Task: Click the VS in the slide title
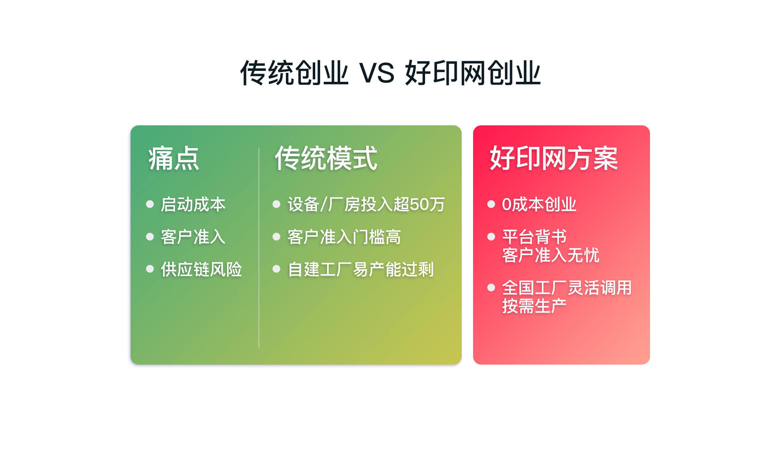point(377,73)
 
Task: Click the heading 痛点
point(174,158)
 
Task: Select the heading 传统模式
point(326,158)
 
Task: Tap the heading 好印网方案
point(554,158)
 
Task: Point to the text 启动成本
point(193,204)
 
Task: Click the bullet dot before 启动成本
point(150,204)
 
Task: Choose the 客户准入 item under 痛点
point(193,237)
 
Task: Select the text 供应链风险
point(201,269)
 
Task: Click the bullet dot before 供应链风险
point(150,269)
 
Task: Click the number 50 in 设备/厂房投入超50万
point(419,204)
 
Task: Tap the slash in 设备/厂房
point(324,204)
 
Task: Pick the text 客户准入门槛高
point(344,237)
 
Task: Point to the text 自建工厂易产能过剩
point(361,269)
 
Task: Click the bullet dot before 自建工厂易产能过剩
point(277,269)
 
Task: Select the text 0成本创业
point(539,204)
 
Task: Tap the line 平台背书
point(534,237)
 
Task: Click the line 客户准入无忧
point(551,255)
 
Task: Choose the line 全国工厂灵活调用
point(567,288)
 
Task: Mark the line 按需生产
point(534,306)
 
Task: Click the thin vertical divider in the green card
point(259,248)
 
